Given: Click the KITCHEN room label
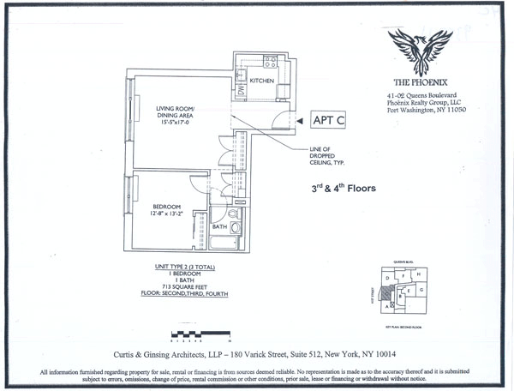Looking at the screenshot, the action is pos(262,81).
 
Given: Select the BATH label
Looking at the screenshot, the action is pos(219,226).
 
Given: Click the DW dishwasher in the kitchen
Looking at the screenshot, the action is pos(241,89).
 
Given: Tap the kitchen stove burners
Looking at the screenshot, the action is pos(270,61).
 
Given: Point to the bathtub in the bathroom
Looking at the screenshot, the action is pos(226,244).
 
